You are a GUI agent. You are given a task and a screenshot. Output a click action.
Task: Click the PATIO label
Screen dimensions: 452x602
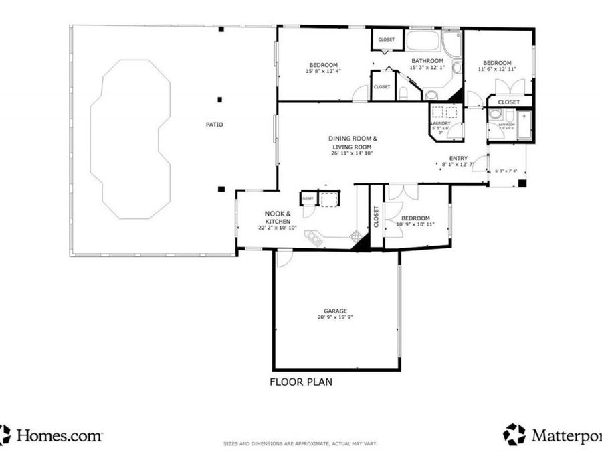point(214,125)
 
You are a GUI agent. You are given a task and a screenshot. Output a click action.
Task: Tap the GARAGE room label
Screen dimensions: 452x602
point(335,311)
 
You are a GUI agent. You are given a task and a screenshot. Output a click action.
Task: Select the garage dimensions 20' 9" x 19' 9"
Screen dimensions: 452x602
point(335,317)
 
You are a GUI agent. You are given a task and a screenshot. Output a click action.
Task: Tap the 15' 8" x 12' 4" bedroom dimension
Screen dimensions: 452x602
point(323,71)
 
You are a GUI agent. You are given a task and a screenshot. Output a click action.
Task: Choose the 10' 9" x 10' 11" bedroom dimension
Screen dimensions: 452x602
point(415,224)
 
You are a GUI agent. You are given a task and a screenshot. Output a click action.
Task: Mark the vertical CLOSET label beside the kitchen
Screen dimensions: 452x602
point(375,216)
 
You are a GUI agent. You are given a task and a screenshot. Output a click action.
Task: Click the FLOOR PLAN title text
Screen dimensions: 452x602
point(301,382)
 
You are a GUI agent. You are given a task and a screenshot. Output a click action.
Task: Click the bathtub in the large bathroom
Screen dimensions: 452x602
point(423,41)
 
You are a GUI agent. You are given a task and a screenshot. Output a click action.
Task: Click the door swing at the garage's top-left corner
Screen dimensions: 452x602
point(284,257)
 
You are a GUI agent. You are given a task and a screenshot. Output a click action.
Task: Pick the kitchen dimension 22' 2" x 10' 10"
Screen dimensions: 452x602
point(273,228)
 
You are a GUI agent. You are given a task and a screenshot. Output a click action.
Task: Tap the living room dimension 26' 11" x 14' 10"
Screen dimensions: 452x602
point(352,153)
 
